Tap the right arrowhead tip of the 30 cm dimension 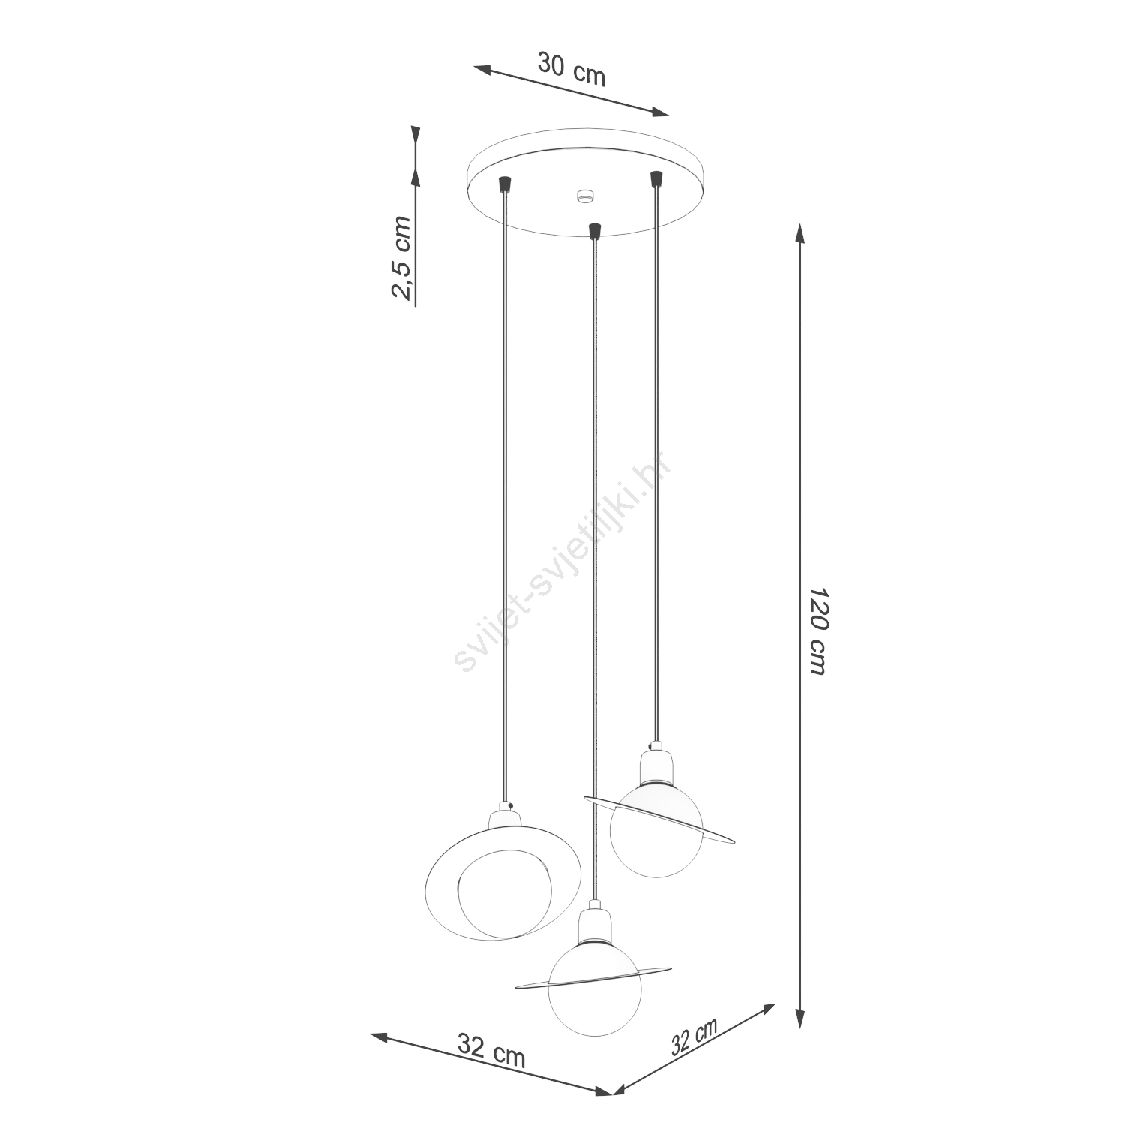coord(668,115)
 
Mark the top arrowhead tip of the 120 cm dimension coord(800,224)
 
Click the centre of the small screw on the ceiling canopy coord(583,196)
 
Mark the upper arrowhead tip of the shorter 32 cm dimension coord(775,1003)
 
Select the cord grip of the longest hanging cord coord(595,229)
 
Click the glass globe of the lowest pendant coord(594,995)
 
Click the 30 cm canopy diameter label coord(571,70)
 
